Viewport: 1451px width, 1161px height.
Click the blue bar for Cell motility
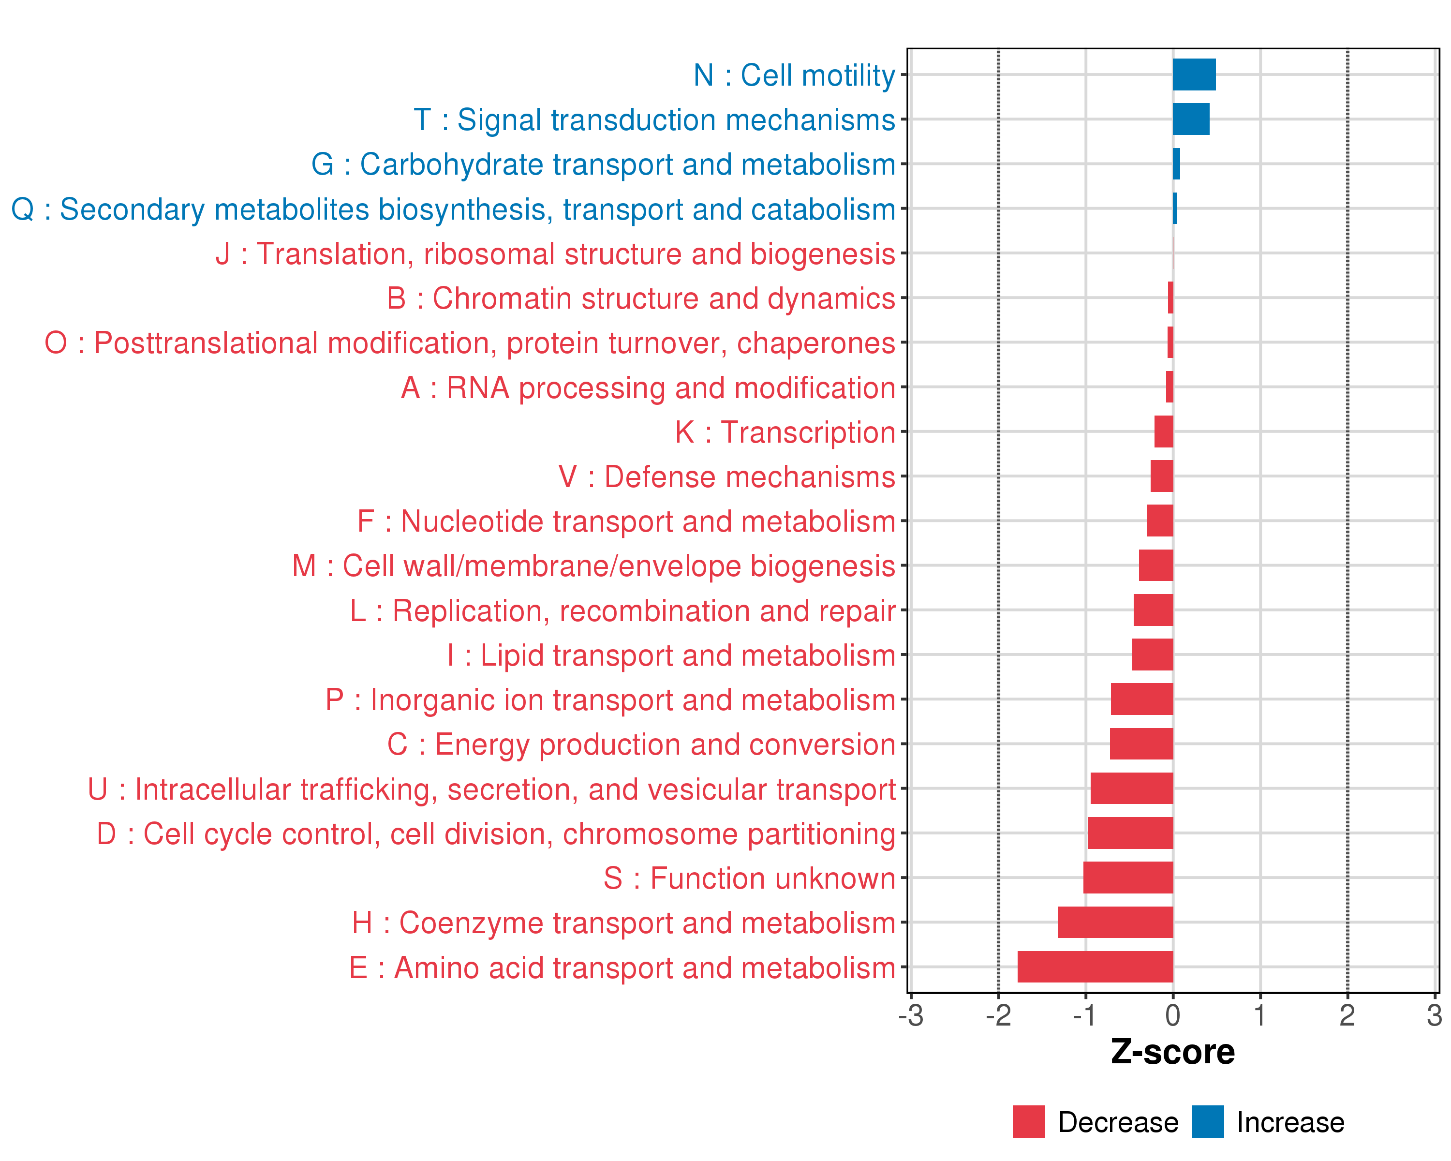1194,74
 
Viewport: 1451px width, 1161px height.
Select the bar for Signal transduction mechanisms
1191,119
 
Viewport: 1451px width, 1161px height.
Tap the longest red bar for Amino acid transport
1095,967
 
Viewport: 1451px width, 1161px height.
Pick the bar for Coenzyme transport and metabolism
1115,922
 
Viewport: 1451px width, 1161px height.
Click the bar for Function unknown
1128,878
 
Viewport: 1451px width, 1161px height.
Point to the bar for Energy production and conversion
1141,744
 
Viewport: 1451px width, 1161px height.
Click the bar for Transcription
1164,432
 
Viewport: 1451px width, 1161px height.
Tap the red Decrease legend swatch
1028,1121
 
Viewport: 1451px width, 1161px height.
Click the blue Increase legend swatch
1207,1121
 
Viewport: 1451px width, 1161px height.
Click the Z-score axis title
1172,1052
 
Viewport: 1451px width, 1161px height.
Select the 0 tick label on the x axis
1172,1015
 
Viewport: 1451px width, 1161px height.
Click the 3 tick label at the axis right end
1434,1015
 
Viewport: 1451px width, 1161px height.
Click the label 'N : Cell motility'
794,75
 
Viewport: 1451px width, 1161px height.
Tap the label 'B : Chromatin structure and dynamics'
641,298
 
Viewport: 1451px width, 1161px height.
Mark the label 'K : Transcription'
785,432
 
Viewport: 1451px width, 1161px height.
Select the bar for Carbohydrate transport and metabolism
1176,164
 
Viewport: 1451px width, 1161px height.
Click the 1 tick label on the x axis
1260,1015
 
